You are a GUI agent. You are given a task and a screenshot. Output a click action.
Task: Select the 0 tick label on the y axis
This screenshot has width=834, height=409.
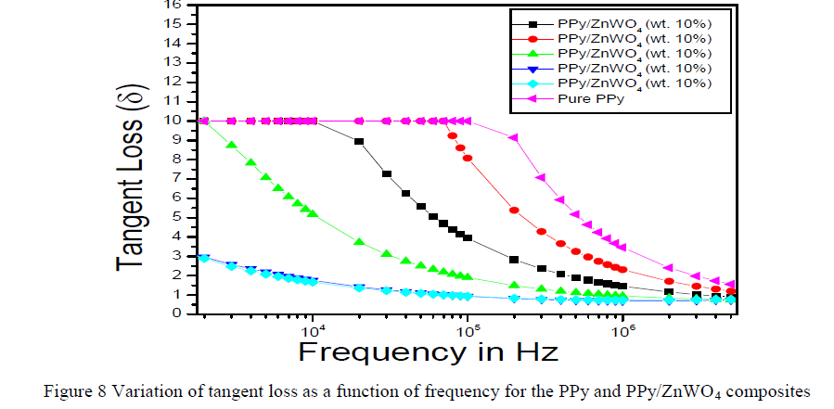175,313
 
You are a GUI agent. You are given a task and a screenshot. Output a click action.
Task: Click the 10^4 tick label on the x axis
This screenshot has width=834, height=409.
313,329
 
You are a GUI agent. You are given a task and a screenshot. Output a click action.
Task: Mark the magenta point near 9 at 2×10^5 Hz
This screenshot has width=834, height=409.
514,137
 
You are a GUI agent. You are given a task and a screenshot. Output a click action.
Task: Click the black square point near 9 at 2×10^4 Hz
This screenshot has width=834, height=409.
359,141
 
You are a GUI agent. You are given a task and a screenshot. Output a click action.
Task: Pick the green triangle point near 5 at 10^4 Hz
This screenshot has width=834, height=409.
313,213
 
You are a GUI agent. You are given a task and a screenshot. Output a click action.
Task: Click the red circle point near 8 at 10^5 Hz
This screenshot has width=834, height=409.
468,159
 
